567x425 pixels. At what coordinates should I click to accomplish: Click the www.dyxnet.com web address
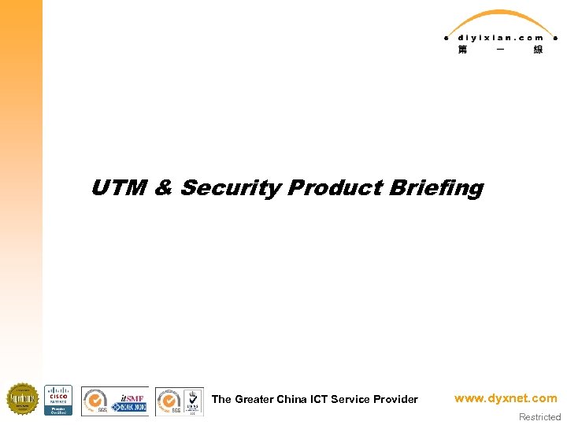point(505,398)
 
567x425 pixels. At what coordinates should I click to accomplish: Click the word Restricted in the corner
point(539,417)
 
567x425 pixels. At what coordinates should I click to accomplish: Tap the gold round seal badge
point(22,399)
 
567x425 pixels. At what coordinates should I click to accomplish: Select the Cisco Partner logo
point(58,400)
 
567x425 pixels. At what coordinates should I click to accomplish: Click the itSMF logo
point(129,401)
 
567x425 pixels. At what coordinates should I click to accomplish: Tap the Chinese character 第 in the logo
point(462,50)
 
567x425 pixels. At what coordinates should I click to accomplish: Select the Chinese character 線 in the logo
point(538,50)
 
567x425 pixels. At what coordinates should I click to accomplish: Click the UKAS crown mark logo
point(191,399)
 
